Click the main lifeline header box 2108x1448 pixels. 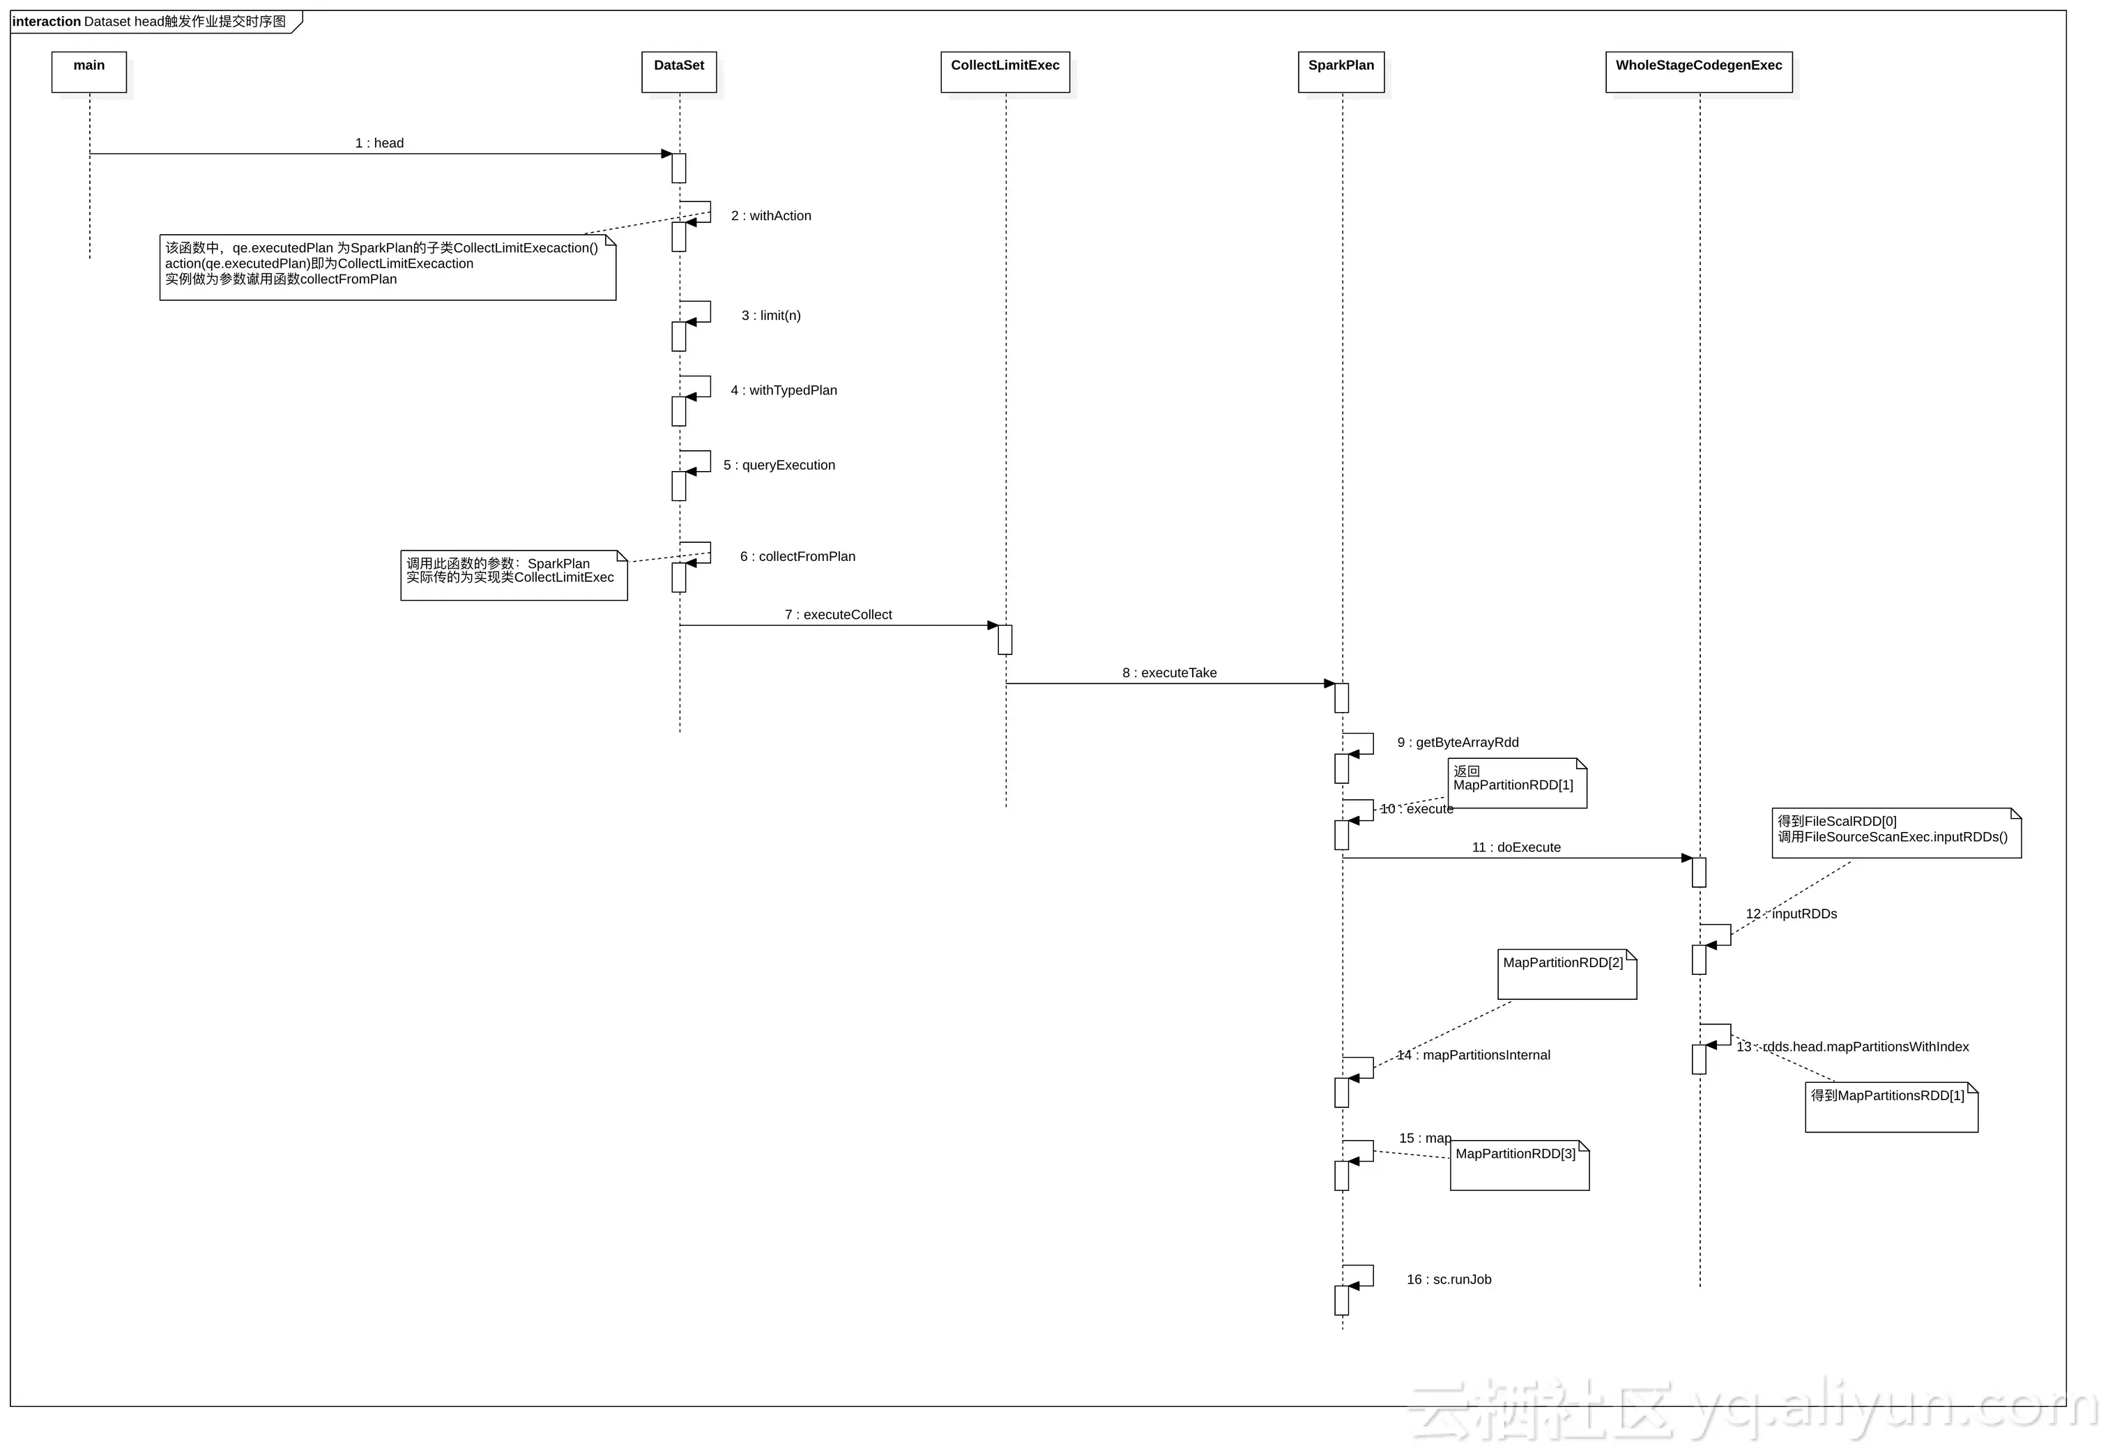pyautogui.click(x=89, y=72)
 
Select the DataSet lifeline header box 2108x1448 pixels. pyautogui.click(x=679, y=72)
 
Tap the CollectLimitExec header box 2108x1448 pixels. pyautogui.click(x=1005, y=72)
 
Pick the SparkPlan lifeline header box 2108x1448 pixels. pyautogui.click(x=1341, y=72)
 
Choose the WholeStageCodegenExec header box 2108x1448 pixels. pyautogui.click(x=1698, y=72)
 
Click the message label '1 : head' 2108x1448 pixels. pyautogui.click(x=379, y=144)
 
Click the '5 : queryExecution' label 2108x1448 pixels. pyautogui.click(x=779, y=465)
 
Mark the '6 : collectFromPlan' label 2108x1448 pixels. pyautogui.click(x=797, y=556)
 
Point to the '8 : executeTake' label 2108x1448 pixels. pyautogui.click(x=1170, y=673)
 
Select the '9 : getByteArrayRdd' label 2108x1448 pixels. pyautogui.click(x=1458, y=743)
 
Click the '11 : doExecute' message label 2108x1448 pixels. pyautogui.click(x=1516, y=847)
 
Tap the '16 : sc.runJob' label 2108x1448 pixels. pyautogui.click(x=1449, y=1280)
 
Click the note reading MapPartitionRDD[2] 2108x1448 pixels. pyautogui.click(x=1566, y=973)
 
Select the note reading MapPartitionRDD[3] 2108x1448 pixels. pyautogui.click(x=1519, y=1165)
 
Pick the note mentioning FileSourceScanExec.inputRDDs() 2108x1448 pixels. pyautogui.click(x=1895, y=833)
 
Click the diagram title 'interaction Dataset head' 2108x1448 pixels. pyautogui.click(x=150, y=22)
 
